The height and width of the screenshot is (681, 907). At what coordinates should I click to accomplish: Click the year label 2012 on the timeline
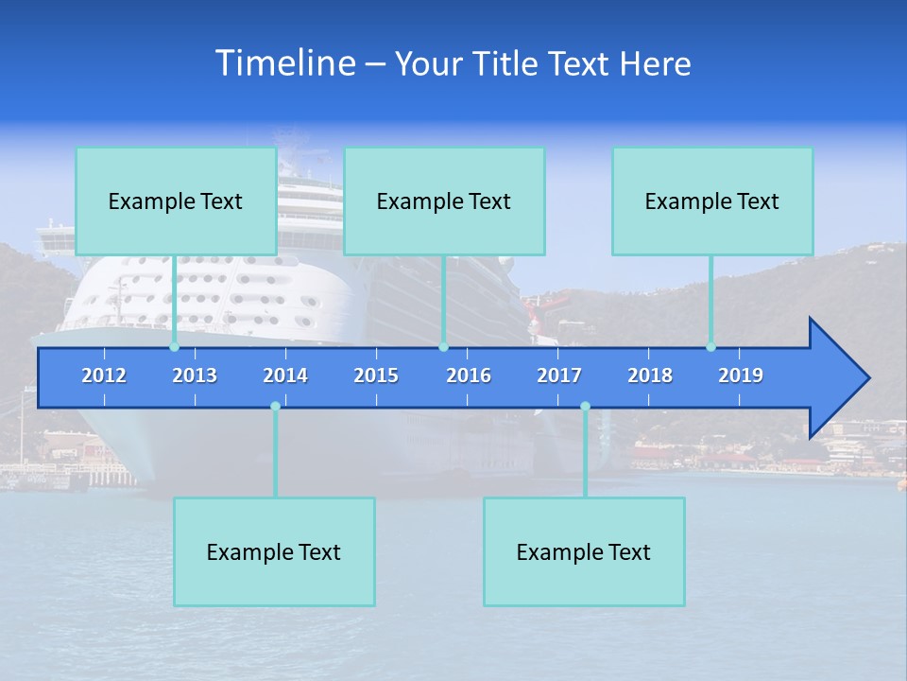[104, 375]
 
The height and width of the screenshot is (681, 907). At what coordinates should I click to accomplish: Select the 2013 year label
[195, 375]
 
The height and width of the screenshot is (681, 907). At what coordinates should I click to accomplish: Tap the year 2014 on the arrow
[285, 375]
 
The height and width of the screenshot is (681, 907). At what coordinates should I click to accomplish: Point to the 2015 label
[376, 375]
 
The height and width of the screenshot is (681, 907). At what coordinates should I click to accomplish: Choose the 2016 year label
[469, 375]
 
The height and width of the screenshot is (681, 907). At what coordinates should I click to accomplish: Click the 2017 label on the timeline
[559, 375]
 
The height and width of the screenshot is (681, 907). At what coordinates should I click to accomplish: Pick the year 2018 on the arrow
[650, 375]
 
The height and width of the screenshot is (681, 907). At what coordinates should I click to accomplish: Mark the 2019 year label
[741, 375]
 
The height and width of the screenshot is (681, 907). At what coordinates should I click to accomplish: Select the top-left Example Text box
[176, 201]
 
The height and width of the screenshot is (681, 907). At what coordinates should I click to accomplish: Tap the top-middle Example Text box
[444, 201]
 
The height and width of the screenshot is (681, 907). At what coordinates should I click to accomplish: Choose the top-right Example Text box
[712, 201]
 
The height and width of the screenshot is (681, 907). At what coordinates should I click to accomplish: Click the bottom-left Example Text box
[274, 552]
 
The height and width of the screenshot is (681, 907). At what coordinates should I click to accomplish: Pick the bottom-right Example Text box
[584, 552]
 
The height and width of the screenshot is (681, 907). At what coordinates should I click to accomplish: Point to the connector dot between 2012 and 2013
[174, 347]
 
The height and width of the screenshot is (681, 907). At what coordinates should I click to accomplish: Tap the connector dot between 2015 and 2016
[443, 347]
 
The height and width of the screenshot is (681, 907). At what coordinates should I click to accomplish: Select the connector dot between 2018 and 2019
[710, 347]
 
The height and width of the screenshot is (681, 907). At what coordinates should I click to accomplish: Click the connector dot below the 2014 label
[275, 407]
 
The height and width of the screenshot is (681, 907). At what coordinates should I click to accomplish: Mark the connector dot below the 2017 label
[585, 407]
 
